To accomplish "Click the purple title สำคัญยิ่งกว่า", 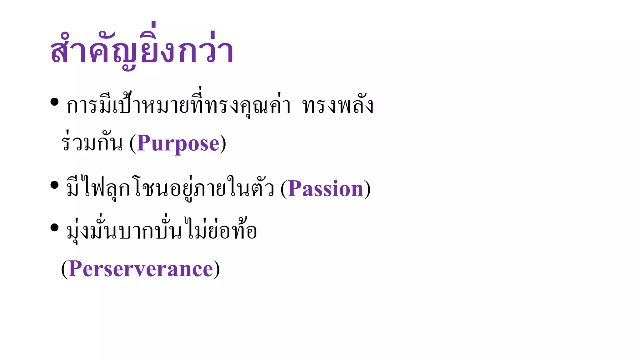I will pos(142,50).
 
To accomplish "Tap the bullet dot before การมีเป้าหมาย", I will pos(54,102).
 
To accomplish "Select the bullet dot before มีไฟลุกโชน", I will pos(54,185).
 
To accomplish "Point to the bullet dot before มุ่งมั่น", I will pos(54,227).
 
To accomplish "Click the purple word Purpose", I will pos(178,144).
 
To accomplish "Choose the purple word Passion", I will pos(325,189).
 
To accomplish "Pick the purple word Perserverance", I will pos(141,269).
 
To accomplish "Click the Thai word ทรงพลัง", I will pos(338,106).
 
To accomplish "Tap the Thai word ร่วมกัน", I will pos(92,144).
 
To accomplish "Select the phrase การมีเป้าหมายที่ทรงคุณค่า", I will pos(178,106).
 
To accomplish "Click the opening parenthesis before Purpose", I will pos(133,144).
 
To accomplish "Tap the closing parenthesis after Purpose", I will pos(223,144).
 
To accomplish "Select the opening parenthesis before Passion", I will pos(284,189).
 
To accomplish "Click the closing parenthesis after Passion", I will pos(367,189).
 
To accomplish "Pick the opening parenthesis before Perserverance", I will pos(64,269).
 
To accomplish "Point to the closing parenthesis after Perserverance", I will pos(217,269).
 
